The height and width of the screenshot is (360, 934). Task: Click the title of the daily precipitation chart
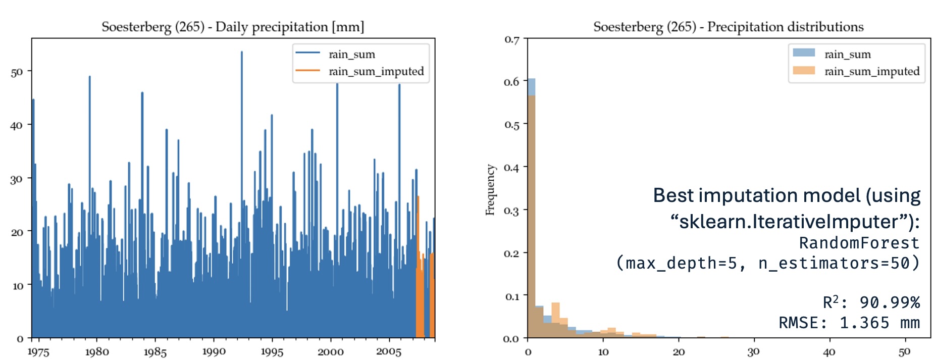(x=233, y=27)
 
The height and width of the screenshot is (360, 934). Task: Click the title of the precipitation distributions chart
(x=728, y=27)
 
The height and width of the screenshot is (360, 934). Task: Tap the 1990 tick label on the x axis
(x=214, y=351)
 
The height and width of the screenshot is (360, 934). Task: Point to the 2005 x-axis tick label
(x=389, y=351)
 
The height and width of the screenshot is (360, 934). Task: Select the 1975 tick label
(x=38, y=351)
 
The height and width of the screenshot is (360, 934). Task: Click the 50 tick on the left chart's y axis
(x=17, y=72)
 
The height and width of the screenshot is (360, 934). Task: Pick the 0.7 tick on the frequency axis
(x=511, y=40)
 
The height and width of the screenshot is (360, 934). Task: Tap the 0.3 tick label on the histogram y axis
(x=511, y=211)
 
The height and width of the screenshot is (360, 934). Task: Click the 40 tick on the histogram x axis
(x=829, y=351)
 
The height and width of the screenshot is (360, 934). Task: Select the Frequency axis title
(x=490, y=190)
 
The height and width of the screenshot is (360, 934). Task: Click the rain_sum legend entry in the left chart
(x=351, y=55)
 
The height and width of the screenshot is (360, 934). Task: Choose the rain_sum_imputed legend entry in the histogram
(x=872, y=71)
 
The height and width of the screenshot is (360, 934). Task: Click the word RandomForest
(x=859, y=243)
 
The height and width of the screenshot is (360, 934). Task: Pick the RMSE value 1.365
(x=864, y=323)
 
